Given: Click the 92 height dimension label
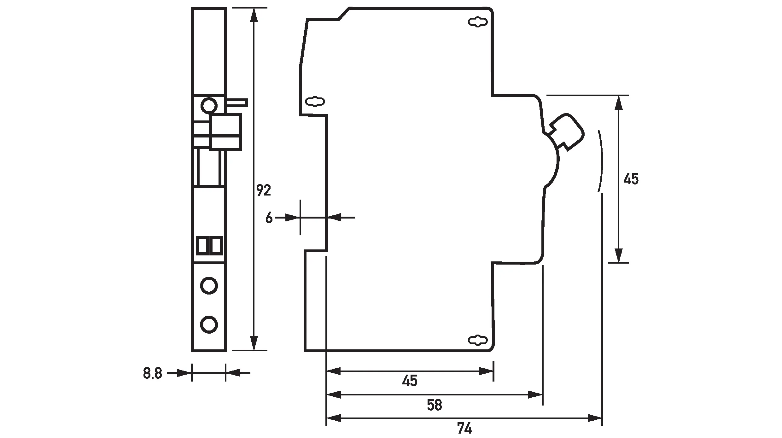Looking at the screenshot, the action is tap(263, 190).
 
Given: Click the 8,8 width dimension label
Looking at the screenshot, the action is tap(152, 373).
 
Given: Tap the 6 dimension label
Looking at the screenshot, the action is tap(269, 218).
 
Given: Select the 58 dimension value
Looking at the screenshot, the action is tap(435, 405).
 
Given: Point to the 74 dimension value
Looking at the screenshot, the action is tap(464, 429).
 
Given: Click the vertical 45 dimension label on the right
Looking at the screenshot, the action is tap(631, 179).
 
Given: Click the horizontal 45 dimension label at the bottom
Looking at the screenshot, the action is tap(410, 381).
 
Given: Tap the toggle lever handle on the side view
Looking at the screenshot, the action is tap(567, 132).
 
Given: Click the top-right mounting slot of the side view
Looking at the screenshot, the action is tap(478, 22).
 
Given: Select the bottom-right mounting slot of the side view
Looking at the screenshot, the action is tap(478, 340).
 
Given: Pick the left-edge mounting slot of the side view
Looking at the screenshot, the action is tap(315, 102).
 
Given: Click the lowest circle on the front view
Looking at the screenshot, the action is tap(209, 324).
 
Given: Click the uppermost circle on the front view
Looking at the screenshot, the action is tap(209, 106).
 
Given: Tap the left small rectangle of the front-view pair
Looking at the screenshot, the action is tap(202, 246).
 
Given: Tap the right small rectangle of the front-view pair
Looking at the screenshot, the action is tap(216, 246).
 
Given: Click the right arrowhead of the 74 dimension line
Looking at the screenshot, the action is tap(595, 419).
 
